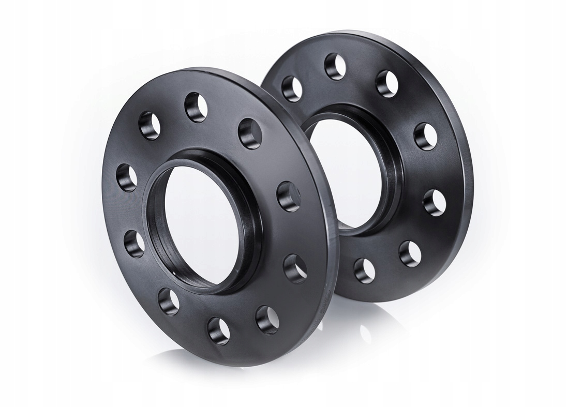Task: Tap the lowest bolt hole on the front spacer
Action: click(x=218, y=329)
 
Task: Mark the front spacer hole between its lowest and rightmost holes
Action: click(x=267, y=316)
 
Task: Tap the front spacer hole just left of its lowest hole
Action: click(x=168, y=301)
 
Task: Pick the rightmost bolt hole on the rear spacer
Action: click(x=435, y=202)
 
